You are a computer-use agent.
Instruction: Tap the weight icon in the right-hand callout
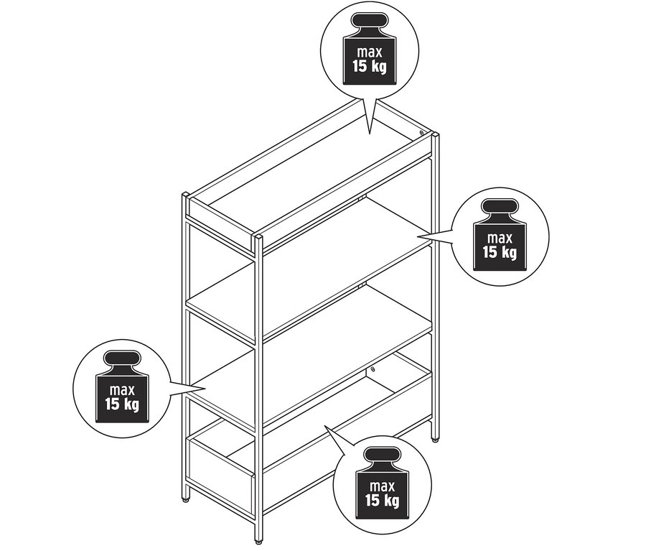[500, 235]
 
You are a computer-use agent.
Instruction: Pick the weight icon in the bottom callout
[382, 483]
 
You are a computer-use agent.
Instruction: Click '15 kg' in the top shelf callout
[370, 66]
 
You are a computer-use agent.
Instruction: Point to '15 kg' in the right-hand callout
[500, 252]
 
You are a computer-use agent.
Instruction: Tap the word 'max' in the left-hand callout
[122, 390]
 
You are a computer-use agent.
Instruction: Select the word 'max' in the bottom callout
[383, 486]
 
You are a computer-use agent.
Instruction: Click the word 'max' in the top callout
[370, 52]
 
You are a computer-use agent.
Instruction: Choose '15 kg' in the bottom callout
[382, 501]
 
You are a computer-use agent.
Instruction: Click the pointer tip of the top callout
[370, 134]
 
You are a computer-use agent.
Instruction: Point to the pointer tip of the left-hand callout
[205, 388]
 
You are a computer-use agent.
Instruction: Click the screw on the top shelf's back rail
[421, 133]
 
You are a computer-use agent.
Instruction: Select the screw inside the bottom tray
[373, 369]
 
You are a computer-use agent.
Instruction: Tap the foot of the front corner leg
[258, 542]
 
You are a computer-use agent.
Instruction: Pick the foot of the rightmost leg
[435, 440]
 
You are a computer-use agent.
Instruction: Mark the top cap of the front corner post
[258, 236]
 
